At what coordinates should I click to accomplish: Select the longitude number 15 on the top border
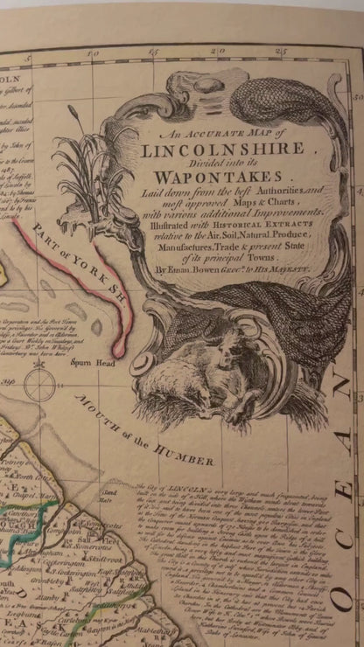[155, 53]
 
